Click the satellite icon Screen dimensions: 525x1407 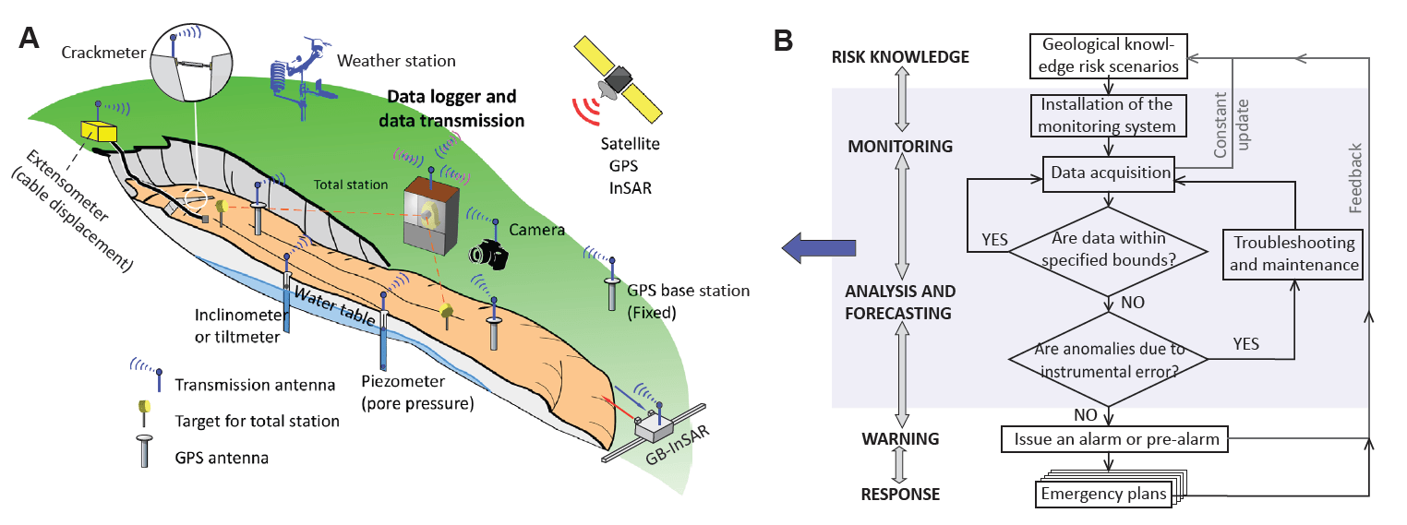[x=617, y=80]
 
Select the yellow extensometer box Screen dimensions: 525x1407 [x=99, y=131]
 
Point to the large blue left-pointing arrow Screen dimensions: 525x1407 [x=817, y=247]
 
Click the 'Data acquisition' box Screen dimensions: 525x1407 [x=1108, y=173]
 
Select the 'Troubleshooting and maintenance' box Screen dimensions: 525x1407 [x=1293, y=254]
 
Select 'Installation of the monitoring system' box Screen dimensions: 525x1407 [x=1108, y=116]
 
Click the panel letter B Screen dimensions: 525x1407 [x=782, y=40]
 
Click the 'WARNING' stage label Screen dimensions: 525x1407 [x=900, y=438]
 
